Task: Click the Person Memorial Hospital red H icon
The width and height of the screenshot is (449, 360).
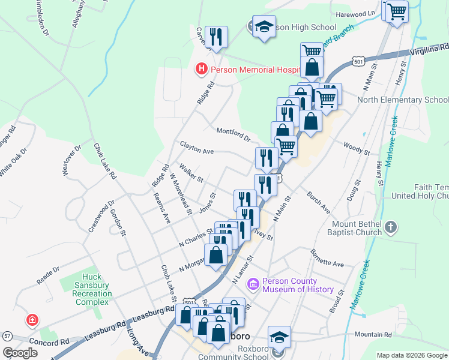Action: pos(202,70)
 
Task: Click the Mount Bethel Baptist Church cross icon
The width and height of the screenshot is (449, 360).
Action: pos(391,227)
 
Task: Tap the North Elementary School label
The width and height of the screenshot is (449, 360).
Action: pos(402,100)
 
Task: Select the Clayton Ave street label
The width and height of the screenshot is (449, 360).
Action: pos(197,148)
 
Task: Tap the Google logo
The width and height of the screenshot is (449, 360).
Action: pos(20,353)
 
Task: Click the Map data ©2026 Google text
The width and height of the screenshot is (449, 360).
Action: pos(411,355)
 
